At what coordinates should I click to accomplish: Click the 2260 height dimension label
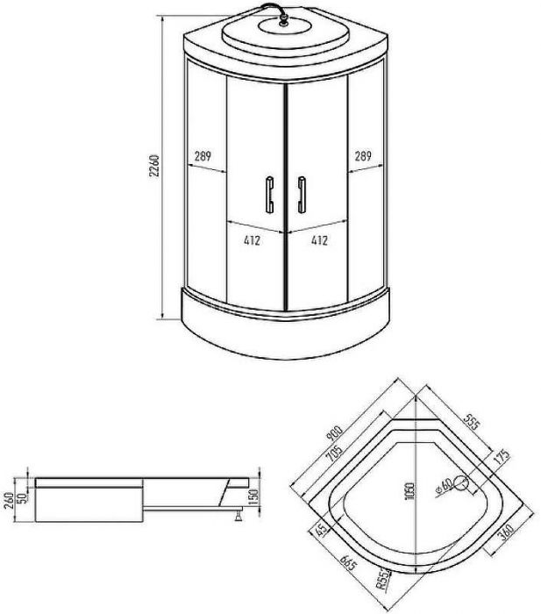tap(155, 166)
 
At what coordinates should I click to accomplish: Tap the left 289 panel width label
tap(203, 156)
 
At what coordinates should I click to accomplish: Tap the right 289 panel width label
tap(363, 156)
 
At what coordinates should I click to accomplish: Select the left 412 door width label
tap(252, 240)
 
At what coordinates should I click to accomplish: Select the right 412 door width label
tap(319, 240)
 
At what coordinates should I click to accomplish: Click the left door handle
tap(270, 195)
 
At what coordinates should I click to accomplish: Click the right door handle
tap(302, 195)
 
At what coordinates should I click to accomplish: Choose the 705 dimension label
tap(333, 454)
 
